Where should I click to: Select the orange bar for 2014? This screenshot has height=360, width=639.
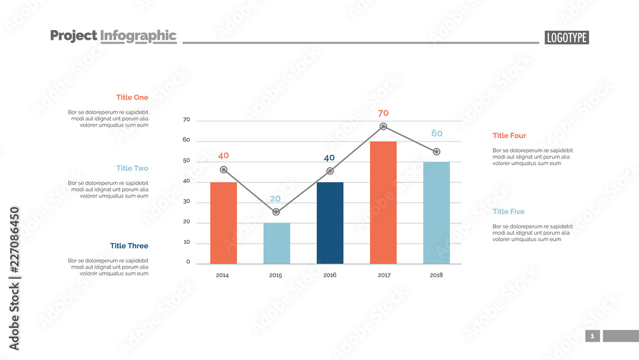click(x=223, y=223)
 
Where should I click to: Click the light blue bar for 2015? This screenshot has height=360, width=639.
click(x=276, y=243)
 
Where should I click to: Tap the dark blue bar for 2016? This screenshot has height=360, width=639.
click(x=330, y=223)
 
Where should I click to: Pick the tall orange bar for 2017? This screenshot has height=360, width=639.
click(x=383, y=202)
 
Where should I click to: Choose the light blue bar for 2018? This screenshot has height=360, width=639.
click(x=436, y=212)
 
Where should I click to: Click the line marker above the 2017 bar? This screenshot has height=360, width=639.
click(x=383, y=127)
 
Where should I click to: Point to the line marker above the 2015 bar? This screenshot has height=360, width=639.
click(x=276, y=212)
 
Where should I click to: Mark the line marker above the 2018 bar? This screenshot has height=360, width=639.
click(x=436, y=152)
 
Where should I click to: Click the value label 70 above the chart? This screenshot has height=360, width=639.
click(x=383, y=113)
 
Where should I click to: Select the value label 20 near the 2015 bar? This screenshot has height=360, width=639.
click(x=275, y=198)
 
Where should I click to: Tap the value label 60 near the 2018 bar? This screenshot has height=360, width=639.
click(x=436, y=133)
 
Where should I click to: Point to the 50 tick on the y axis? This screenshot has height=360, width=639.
click(x=187, y=160)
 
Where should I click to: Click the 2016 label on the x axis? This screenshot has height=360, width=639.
click(x=330, y=275)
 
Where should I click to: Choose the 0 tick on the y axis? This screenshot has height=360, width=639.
click(x=188, y=262)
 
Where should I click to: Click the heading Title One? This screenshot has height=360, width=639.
click(x=132, y=97)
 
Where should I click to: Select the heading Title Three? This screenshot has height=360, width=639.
click(x=129, y=246)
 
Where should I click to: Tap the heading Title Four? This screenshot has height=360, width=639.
click(x=509, y=136)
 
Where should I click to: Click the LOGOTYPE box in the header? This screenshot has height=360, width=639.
click(x=567, y=38)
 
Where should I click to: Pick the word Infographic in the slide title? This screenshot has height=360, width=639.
click(x=138, y=36)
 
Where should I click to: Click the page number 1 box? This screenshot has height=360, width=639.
click(x=592, y=336)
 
